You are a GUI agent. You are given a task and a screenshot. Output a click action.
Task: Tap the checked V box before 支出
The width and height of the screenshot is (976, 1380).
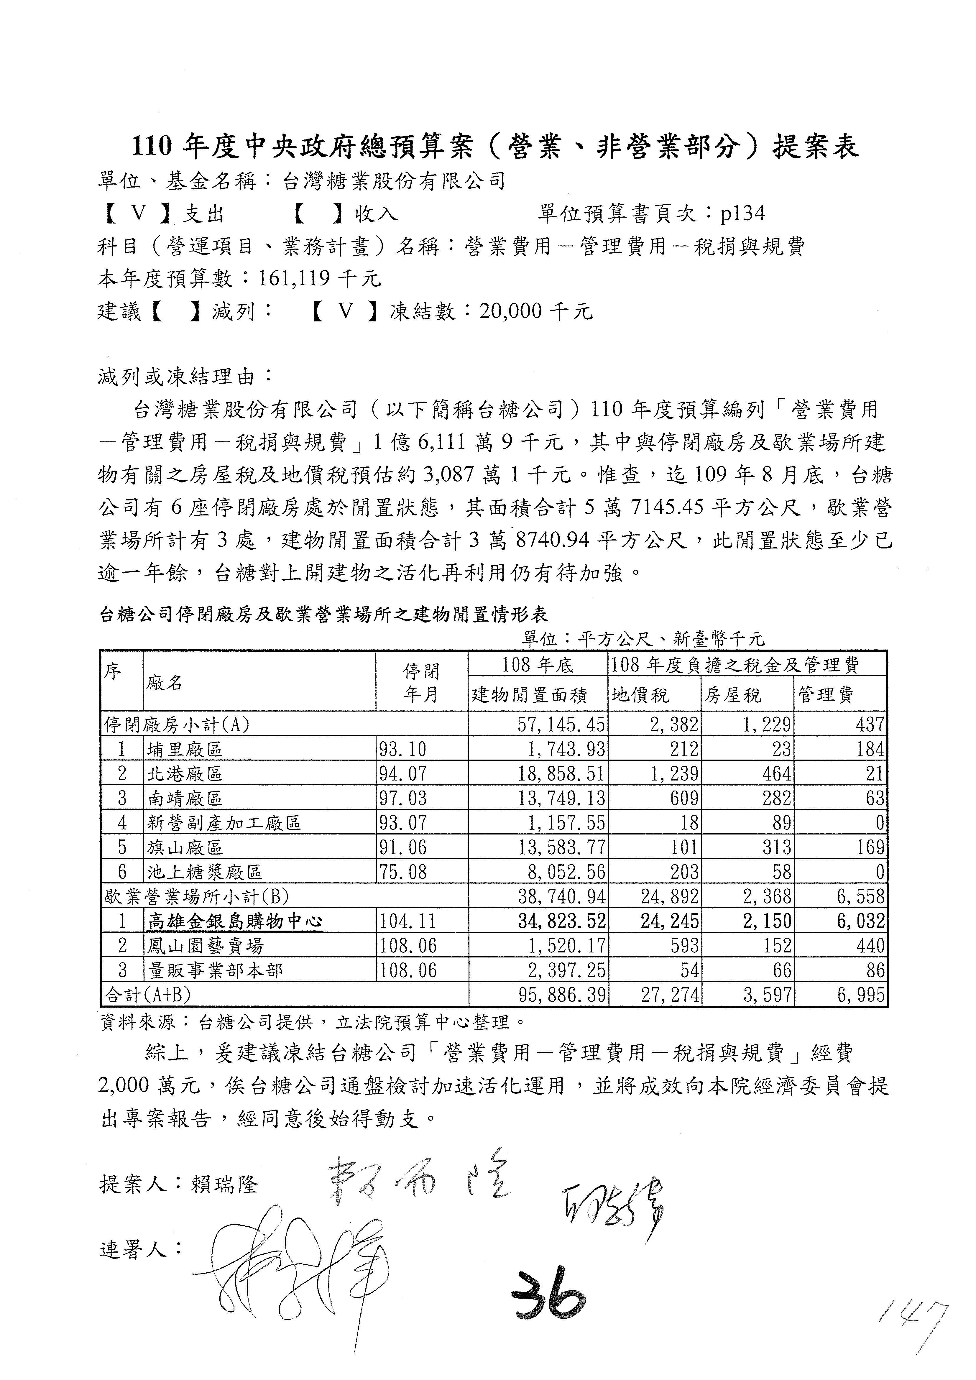pos(138,213)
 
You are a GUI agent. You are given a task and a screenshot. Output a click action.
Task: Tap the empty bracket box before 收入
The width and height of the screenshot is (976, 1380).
pos(318,213)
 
